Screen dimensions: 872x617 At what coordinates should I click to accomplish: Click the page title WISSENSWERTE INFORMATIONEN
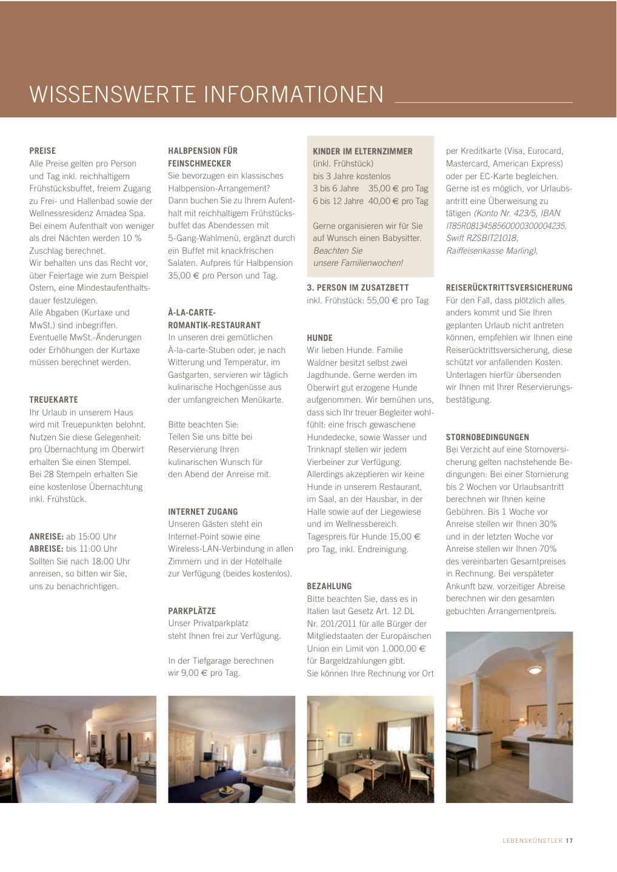click(206, 95)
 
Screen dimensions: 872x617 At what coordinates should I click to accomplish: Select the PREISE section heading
click(42, 151)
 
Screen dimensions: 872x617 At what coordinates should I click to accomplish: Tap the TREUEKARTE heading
click(54, 400)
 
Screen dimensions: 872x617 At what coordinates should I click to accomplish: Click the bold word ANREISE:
click(46, 537)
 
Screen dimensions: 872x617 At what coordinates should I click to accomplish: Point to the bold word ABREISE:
click(46, 549)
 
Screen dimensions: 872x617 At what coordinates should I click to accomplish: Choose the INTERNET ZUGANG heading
click(202, 512)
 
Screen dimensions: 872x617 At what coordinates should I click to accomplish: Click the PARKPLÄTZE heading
click(192, 611)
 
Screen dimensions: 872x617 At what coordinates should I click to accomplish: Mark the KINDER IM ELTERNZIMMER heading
click(362, 151)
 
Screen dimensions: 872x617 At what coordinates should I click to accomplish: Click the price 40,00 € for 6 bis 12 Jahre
click(380, 201)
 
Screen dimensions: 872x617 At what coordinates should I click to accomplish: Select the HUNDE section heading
click(319, 338)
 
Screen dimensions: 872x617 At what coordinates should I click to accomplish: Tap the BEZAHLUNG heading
click(329, 586)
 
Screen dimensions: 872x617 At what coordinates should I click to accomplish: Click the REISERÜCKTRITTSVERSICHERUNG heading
click(509, 288)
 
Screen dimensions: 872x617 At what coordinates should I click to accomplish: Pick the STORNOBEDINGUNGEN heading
click(487, 437)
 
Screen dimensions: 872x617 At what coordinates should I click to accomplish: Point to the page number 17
click(569, 841)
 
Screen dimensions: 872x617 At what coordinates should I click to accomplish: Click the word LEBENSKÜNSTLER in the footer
click(532, 841)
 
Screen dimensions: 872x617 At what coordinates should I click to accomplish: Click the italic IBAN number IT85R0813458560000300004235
click(506, 226)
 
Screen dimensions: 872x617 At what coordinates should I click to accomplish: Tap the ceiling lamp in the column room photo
click(534, 669)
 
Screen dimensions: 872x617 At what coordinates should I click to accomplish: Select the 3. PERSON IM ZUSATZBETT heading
click(358, 288)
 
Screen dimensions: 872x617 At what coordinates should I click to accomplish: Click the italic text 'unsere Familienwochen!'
click(358, 263)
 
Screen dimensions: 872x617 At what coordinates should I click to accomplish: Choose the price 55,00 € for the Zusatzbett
click(382, 300)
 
